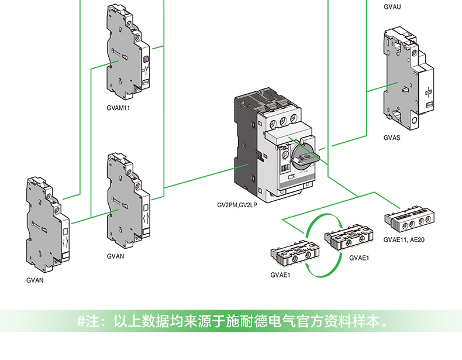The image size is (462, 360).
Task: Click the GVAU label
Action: [392, 7]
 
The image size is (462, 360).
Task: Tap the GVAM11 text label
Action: [118, 108]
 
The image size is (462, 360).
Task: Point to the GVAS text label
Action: [392, 138]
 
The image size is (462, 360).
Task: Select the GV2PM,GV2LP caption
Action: [237, 205]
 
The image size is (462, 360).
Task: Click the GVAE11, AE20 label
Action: [404, 239]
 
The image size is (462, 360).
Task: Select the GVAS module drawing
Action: [408, 78]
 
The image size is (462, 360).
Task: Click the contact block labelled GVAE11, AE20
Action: [409, 220]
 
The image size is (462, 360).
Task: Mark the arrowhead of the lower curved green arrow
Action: [306, 265]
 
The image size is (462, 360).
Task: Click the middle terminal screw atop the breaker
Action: [283, 121]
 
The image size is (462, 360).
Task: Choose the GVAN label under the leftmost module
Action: [35, 280]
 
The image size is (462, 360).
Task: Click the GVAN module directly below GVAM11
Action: [128, 201]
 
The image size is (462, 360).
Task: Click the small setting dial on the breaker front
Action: [285, 155]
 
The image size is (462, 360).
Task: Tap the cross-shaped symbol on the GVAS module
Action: [429, 92]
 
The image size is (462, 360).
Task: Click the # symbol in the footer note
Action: [81, 321]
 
